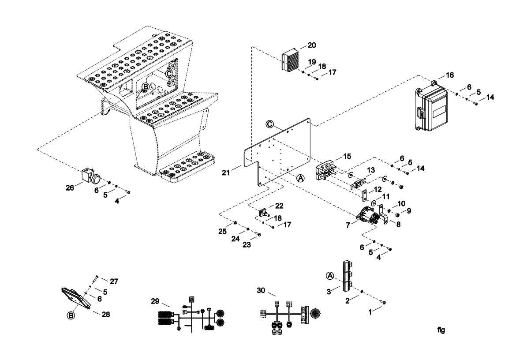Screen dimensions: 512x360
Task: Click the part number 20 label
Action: click(312, 45)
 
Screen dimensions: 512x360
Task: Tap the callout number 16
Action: click(450, 75)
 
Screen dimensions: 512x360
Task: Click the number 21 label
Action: click(226, 172)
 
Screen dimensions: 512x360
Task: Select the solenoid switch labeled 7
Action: click(368, 216)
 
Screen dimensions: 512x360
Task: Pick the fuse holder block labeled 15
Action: click(326, 170)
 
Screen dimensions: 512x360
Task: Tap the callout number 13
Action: click(371, 170)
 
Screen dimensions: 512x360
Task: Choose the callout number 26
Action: click(70, 188)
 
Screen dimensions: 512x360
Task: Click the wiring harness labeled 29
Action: click(191, 315)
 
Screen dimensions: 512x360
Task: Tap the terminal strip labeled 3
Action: click(347, 276)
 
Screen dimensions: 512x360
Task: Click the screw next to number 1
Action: click(383, 302)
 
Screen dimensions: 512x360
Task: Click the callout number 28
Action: click(106, 314)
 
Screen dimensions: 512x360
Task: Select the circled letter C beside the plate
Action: click(269, 124)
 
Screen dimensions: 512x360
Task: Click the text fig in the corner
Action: click(441, 330)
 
